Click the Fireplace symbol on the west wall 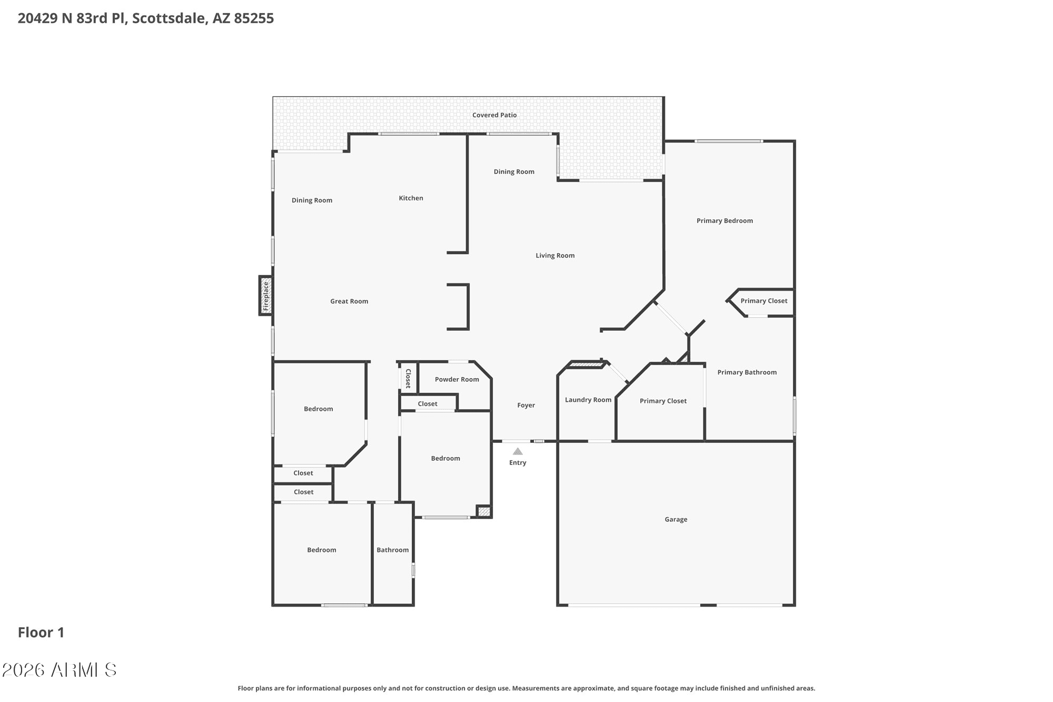[266, 295]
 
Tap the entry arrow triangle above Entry [518, 451]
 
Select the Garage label [676, 519]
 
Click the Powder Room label [457, 379]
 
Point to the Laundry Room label [588, 400]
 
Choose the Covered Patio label [494, 115]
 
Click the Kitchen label [411, 198]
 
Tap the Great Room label [349, 301]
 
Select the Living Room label [555, 255]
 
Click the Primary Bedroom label [724, 221]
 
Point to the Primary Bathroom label [747, 372]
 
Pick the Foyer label [526, 405]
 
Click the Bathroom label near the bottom [392, 550]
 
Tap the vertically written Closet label [408, 378]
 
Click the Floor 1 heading [41, 632]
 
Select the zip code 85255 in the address [254, 18]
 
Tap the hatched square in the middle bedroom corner [484, 511]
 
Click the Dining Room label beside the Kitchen [312, 200]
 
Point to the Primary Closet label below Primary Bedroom [764, 301]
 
